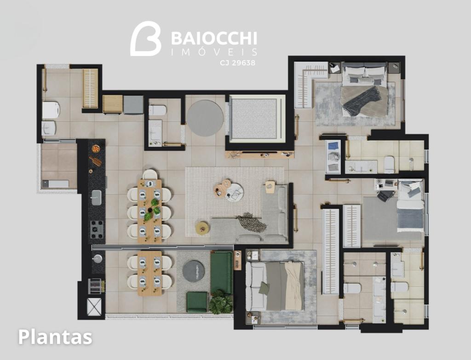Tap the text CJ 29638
pyautogui.click(x=237, y=63)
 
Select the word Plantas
pyautogui.click(x=55, y=337)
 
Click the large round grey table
pyautogui.click(x=205, y=118)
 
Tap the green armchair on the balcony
pyautogui.click(x=197, y=302)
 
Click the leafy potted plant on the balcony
pyautogui.click(x=221, y=302)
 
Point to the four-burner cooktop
pyautogui.click(x=97, y=230)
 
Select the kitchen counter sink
pyautogui.click(x=97, y=198)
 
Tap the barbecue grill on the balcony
pyautogui.click(x=96, y=286)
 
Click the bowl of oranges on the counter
pyautogui.click(x=96, y=149)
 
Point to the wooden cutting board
pyautogui.click(x=96, y=161)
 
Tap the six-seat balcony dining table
pyautogui.click(x=149, y=273)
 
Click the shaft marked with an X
pyautogui.click(x=94, y=307)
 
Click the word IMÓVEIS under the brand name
pyautogui.click(x=214, y=52)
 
